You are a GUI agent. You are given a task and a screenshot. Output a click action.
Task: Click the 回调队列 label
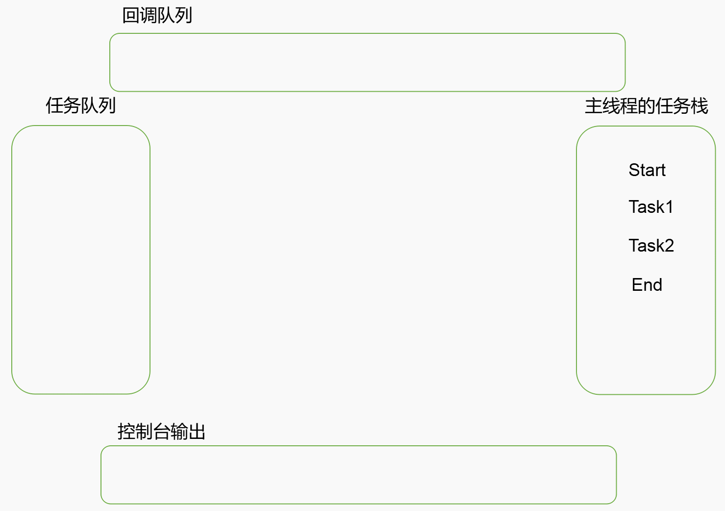click(x=157, y=16)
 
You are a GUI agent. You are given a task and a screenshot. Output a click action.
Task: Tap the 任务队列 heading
click(x=81, y=105)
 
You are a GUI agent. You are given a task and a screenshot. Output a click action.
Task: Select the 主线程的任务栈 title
click(x=646, y=106)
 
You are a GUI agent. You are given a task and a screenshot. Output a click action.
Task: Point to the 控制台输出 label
click(x=161, y=432)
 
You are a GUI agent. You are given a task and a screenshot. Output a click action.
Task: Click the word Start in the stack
click(x=647, y=170)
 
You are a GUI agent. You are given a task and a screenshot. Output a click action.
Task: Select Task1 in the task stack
click(x=650, y=207)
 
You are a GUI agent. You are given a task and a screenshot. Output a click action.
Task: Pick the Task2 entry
click(x=651, y=245)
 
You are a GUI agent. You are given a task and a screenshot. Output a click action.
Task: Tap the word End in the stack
click(x=647, y=285)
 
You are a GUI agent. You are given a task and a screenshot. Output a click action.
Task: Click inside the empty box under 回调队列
click(x=367, y=62)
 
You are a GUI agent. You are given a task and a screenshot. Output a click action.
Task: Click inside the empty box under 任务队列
click(x=81, y=260)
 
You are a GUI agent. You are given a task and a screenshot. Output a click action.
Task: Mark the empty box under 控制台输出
click(x=358, y=475)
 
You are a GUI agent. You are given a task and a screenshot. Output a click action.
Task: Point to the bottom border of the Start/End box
click(x=646, y=394)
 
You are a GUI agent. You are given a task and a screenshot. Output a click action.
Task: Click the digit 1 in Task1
click(x=669, y=207)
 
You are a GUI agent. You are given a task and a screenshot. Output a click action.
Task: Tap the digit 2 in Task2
click(x=669, y=245)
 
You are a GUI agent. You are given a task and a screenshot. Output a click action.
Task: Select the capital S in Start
click(x=634, y=170)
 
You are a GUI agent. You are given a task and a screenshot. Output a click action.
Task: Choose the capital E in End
click(x=637, y=285)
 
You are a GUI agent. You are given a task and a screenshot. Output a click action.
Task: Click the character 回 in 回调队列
click(x=131, y=16)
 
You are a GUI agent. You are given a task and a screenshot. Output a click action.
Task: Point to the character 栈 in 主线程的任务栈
click(x=699, y=106)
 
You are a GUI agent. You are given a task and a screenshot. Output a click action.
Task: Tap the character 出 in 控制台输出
click(x=197, y=432)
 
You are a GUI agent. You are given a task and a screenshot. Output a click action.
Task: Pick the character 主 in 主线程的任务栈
click(x=594, y=106)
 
